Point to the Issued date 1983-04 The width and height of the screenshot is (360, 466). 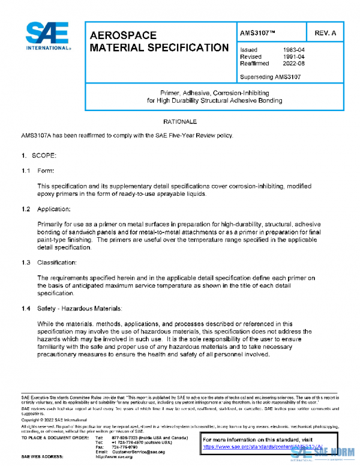point(293,50)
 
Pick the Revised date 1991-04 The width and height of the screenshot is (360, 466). point(293,56)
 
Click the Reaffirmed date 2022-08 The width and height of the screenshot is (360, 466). point(293,63)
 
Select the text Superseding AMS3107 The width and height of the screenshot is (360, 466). point(270,77)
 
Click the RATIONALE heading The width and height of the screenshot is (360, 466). point(179,122)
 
